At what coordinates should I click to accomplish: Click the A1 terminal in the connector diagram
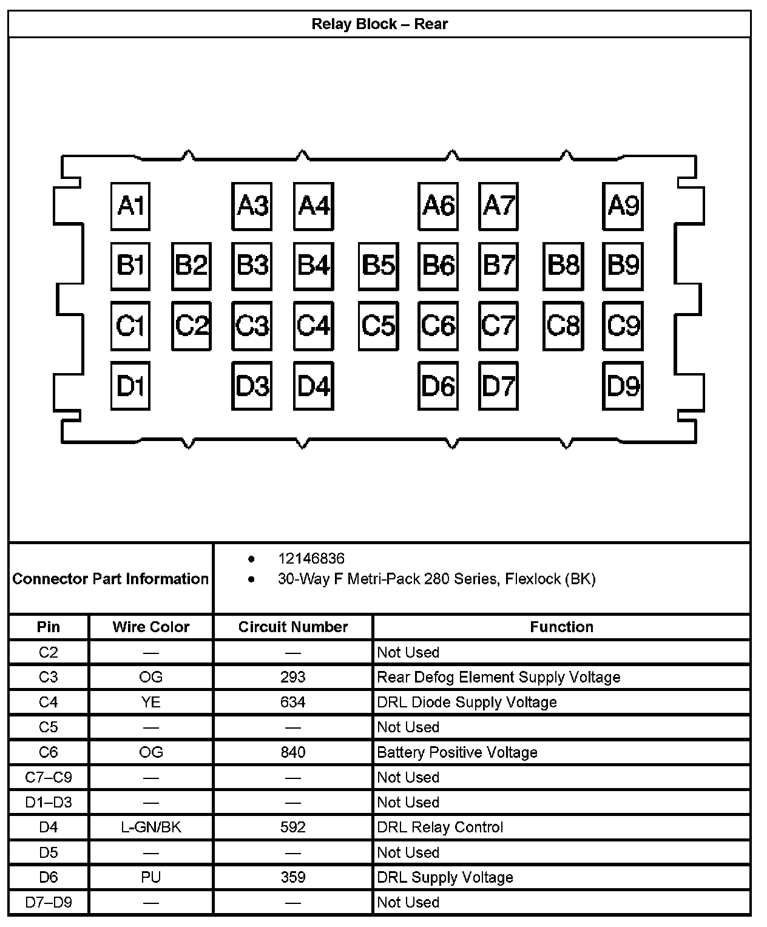130,206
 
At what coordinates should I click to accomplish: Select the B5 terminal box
378,266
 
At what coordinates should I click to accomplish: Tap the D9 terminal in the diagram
623,386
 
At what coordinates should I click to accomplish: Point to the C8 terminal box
563,326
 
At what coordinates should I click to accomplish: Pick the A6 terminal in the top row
438,206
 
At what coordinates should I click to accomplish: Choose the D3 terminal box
252,386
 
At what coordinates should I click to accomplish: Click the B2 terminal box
191,266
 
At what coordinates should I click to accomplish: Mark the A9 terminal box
623,206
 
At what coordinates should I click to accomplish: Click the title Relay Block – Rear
379,24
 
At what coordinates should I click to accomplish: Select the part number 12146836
311,558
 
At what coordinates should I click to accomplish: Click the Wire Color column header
150,627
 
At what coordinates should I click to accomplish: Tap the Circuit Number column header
293,627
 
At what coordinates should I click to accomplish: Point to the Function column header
561,627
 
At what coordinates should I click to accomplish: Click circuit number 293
293,677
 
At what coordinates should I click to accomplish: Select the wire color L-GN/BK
150,827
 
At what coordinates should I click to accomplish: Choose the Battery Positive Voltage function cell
457,752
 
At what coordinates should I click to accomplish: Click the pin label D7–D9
49,902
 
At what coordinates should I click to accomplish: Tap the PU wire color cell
150,877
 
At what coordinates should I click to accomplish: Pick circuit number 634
293,702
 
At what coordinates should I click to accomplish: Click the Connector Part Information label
110,579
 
